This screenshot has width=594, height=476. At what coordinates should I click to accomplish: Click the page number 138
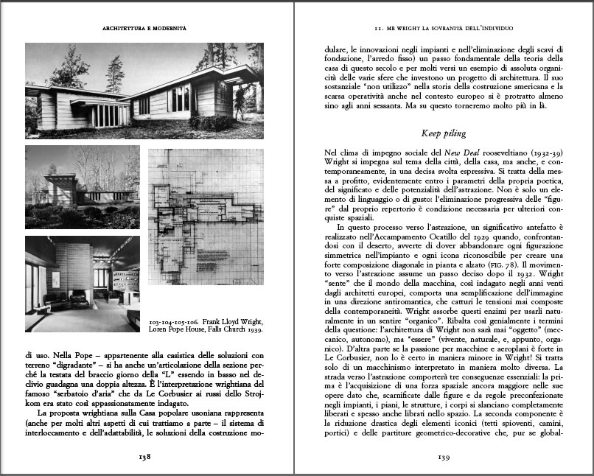tap(144, 456)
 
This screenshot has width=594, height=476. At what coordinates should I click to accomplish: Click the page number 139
tap(443, 456)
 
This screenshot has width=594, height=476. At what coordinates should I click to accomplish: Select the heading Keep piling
tap(443, 133)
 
